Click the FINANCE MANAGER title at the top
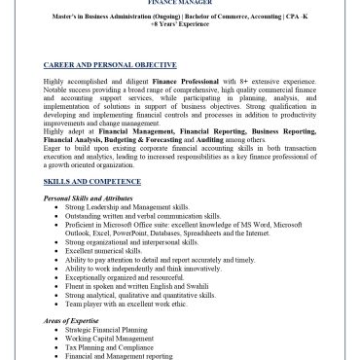179,3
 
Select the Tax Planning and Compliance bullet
110,348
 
